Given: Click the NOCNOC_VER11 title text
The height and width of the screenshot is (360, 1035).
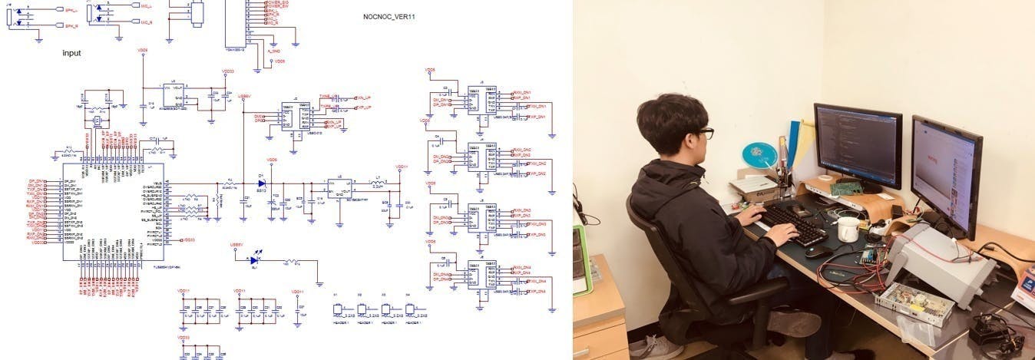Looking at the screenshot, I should tap(389, 16).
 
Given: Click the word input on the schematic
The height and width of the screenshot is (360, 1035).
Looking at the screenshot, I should tap(71, 54).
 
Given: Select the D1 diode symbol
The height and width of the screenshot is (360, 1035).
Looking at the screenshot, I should tap(262, 184).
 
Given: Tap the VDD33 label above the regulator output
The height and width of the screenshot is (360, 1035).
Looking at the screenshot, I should tap(228, 71).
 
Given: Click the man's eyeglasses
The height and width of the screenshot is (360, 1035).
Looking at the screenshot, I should tap(706, 134).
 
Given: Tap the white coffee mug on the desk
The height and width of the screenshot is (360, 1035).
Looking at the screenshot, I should tap(848, 229).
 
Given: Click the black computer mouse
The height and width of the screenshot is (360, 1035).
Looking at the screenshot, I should tap(819, 250).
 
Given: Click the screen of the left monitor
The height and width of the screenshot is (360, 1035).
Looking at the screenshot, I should tap(857, 145).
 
